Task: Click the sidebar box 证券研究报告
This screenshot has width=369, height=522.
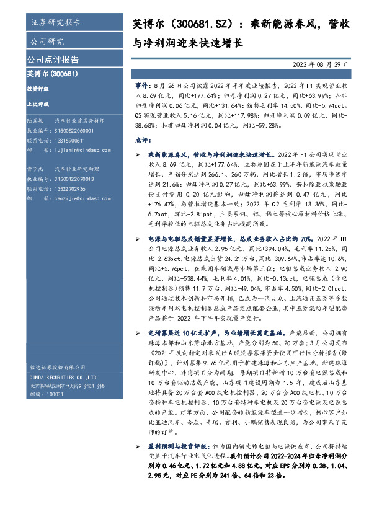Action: point(55,24)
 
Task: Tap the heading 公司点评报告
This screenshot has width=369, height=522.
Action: point(53,60)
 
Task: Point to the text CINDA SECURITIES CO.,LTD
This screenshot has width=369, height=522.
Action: point(62,378)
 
